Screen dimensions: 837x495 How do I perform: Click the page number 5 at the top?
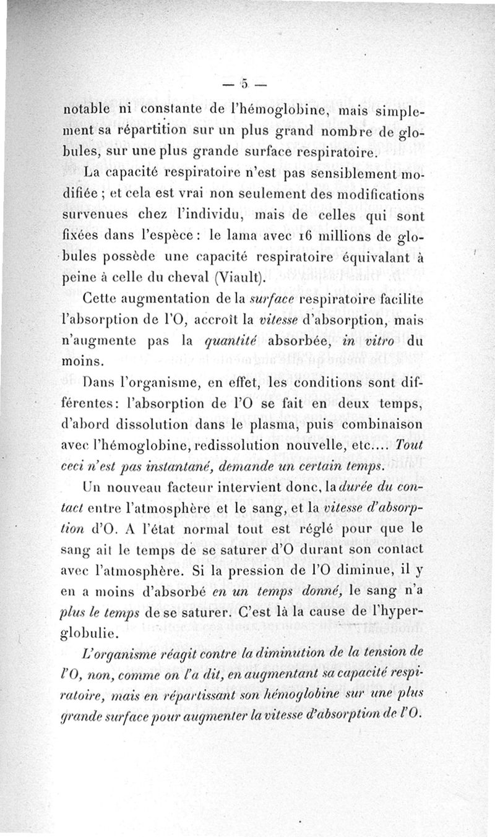click(245, 84)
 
